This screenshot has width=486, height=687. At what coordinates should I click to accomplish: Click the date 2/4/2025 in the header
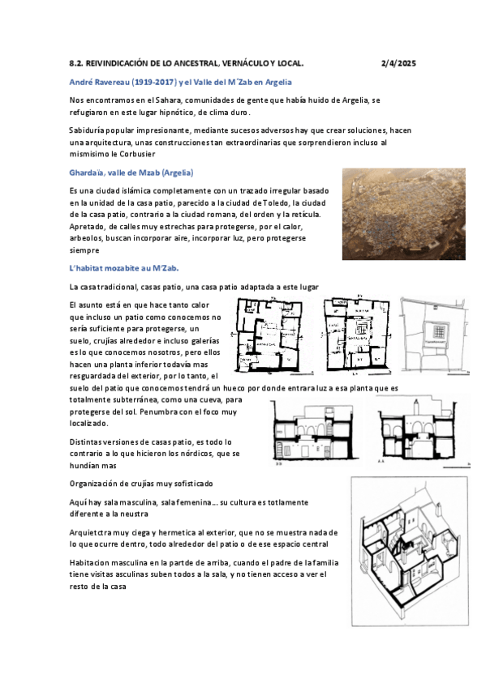click(x=398, y=63)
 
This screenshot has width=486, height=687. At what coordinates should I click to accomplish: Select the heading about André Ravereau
click(x=180, y=83)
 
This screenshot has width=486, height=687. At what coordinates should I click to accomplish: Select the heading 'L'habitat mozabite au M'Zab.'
click(x=124, y=268)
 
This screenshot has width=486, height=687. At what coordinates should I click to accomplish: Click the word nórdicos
click(x=196, y=454)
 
